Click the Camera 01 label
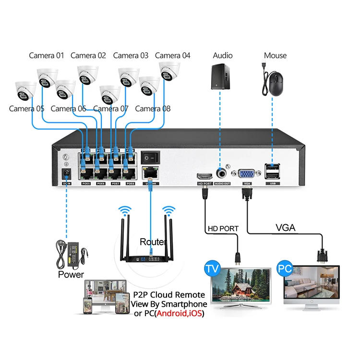(46, 55)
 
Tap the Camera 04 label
(172, 55)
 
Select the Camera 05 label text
(26, 108)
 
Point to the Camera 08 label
(153, 108)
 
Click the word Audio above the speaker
(223, 55)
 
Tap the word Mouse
(275, 55)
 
